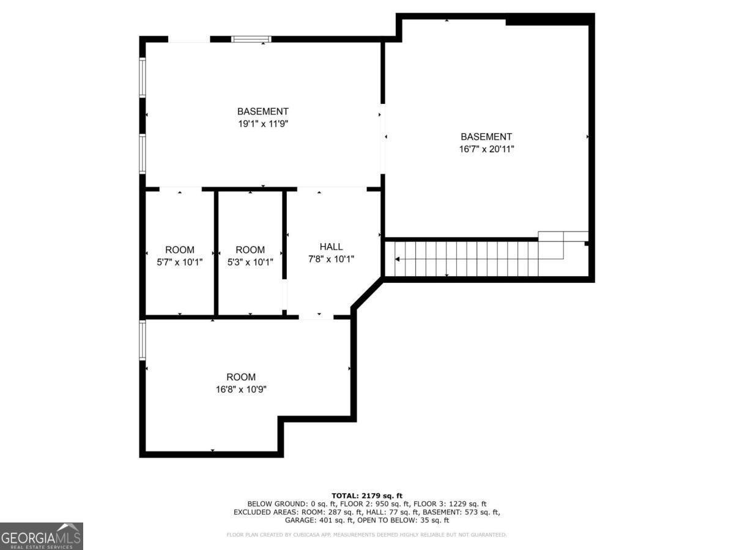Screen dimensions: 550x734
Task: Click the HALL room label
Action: tap(331, 246)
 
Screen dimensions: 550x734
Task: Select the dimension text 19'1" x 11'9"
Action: tap(262, 123)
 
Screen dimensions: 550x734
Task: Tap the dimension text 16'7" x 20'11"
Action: tap(486, 149)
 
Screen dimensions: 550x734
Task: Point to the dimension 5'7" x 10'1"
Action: tap(180, 262)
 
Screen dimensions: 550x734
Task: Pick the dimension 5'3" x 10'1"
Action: tap(250, 262)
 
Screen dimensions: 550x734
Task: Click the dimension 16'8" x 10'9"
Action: tap(240, 389)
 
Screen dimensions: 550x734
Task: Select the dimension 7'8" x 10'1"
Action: tap(331, 259)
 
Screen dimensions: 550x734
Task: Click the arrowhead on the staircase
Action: tap(398, 259)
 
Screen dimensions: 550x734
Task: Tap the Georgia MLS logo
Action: tap(41, 536)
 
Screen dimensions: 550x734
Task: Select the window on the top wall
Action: tap(251, 39)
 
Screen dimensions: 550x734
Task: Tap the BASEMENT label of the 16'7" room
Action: tap(486, 137)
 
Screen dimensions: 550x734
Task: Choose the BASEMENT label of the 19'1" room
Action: tap(262, 111)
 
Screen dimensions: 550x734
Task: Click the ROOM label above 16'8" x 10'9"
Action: tap(240, 377)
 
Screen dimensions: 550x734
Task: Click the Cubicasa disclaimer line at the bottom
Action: tap(366, 535)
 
